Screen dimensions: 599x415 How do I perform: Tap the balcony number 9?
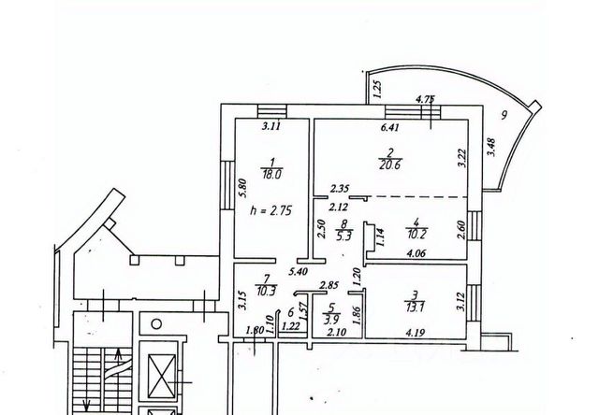click(504, 115)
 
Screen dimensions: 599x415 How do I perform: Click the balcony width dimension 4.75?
click(425, 98)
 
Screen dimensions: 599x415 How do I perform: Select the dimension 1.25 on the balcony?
click(377, 90)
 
